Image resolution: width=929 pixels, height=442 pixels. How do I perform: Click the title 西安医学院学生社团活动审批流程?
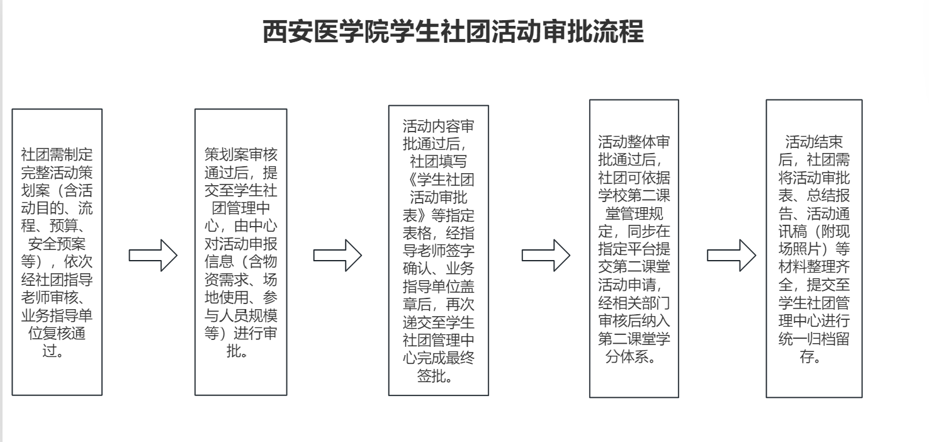point(453,32)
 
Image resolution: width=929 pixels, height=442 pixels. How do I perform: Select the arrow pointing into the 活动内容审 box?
point(337,254)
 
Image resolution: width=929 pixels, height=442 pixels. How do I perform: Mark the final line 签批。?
point(438,377)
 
